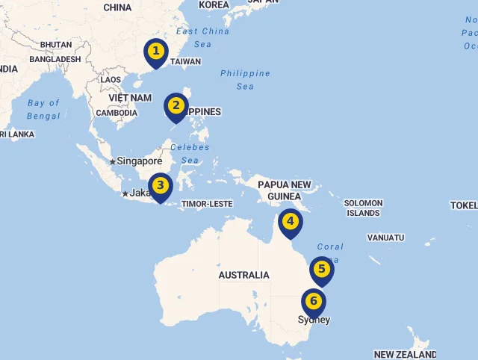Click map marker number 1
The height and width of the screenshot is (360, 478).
pos(155,52)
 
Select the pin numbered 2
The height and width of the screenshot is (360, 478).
pos(176,106)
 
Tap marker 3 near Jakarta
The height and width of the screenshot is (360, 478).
pos(161,186)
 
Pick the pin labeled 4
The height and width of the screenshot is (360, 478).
pos(291,222)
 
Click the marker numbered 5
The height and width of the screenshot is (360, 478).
pos(322,270)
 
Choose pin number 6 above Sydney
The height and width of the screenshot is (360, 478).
pos(314,302)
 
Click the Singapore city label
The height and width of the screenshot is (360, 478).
pos(140,161)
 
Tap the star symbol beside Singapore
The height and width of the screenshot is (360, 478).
pos(112,161)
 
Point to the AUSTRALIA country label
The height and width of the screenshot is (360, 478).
pos(243,275)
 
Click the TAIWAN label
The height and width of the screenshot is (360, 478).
pos(186,62)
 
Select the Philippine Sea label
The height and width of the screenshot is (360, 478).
pos(245,79)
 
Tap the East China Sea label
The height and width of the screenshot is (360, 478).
pos(202,37)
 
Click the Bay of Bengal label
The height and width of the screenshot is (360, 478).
pos(43,109)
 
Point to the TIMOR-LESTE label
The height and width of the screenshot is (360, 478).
pos(207,203)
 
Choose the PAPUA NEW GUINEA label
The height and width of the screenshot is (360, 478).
pos(284,190)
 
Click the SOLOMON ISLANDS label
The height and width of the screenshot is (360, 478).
pos(364,208)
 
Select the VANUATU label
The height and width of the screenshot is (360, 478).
pos(385,238)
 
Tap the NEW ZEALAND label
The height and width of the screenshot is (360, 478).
pos(405,354)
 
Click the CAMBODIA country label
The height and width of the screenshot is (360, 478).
pos(116,113)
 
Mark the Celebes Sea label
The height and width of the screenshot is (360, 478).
pos(190,153)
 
